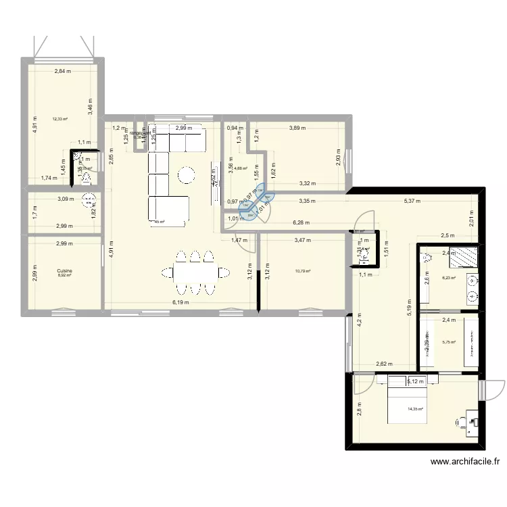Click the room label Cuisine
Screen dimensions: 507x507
point(65,270)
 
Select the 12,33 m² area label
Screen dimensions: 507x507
point(60,119)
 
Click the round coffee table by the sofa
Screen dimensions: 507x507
point(187,176)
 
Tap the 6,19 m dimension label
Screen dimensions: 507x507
point(180,303)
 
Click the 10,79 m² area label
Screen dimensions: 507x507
point(302,272)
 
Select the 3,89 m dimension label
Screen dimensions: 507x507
point(297,128)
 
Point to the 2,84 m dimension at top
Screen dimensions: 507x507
point(64,71)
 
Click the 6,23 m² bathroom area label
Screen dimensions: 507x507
point(449,278)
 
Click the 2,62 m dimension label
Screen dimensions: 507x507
point(384,364)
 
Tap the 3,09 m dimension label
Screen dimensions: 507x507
point(66,199)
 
